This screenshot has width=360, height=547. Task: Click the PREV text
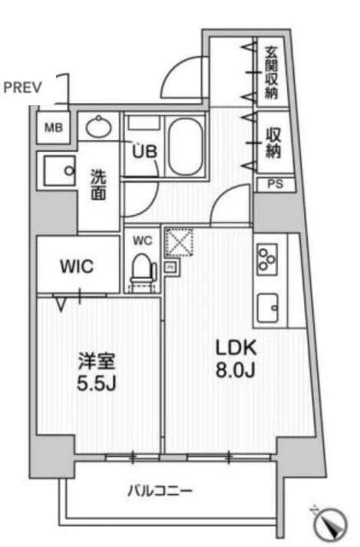coord(22,88)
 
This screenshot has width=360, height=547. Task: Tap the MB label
coord(54,128)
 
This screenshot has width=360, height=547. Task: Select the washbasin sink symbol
coord(99,127)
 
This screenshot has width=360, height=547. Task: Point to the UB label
coord(144,152)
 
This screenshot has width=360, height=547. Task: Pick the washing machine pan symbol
coord(59,171)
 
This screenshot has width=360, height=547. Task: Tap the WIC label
coord(77,267)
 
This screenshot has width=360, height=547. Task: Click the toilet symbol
coord(143,269)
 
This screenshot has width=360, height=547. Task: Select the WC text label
coord(143,240)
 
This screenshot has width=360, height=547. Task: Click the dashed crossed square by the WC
coord(179,243)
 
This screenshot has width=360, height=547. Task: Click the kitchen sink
coord(268,308)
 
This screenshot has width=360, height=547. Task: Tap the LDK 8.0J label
coord(236,359)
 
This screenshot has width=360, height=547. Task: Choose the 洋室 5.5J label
coord(96,372)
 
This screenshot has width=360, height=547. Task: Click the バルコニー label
coord(160,491)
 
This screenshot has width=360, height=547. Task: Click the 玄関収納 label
coord(271,72)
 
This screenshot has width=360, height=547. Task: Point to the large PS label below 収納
coord(276,184)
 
